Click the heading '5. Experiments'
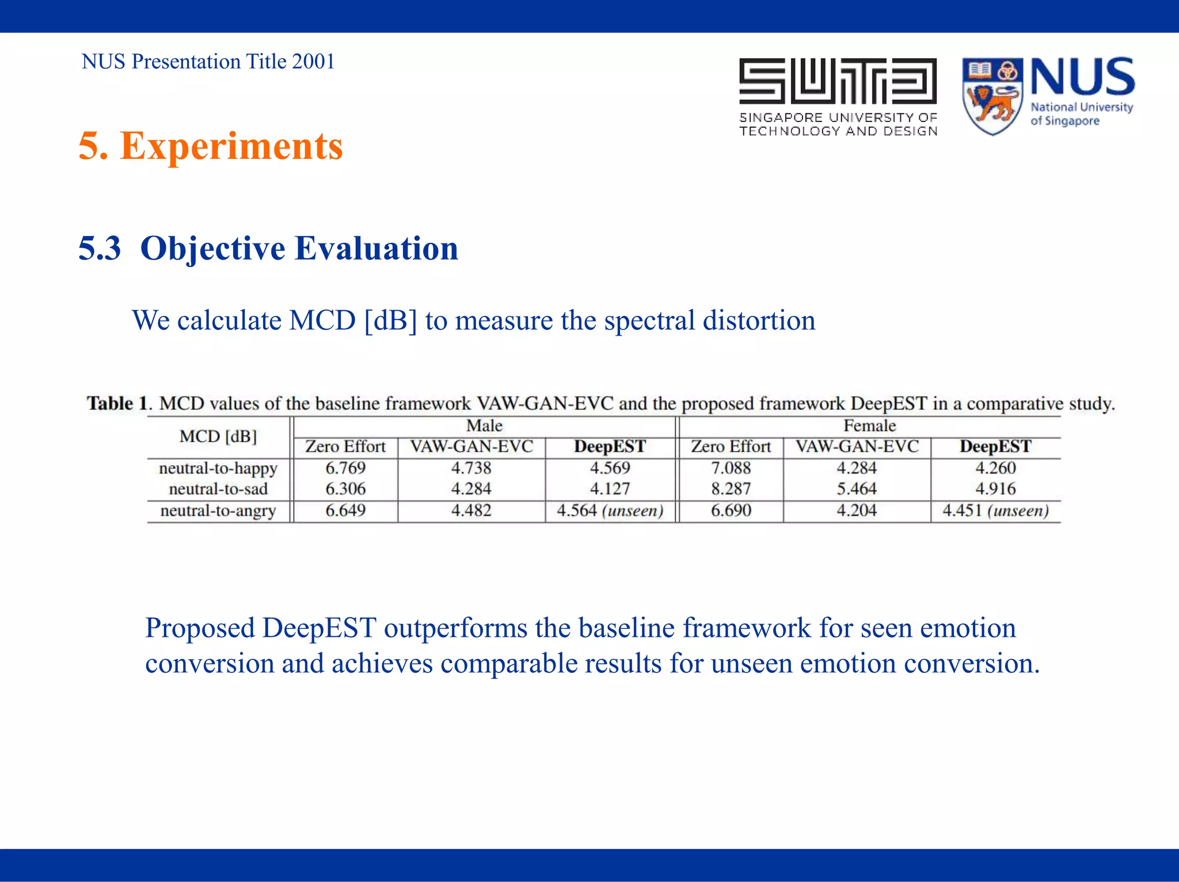(211, 146)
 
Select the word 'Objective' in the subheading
(212, 249)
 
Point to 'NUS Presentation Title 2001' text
(208, 62)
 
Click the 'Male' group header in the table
(484, 426)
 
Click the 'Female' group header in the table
(869, 426)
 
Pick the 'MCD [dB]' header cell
(218, 436)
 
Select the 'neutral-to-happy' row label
(218, 468)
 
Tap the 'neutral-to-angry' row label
(218, 511)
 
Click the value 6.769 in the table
(345, 468)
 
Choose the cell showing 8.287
(731, 489)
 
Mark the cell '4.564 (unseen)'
(610, 511)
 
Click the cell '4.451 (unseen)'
(995, 511)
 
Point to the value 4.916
(995, 489)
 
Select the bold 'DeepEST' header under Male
(610, 447)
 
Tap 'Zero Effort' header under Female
(731, 447)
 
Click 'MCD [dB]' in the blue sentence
(353, 321)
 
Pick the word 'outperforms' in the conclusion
(455, 628)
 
